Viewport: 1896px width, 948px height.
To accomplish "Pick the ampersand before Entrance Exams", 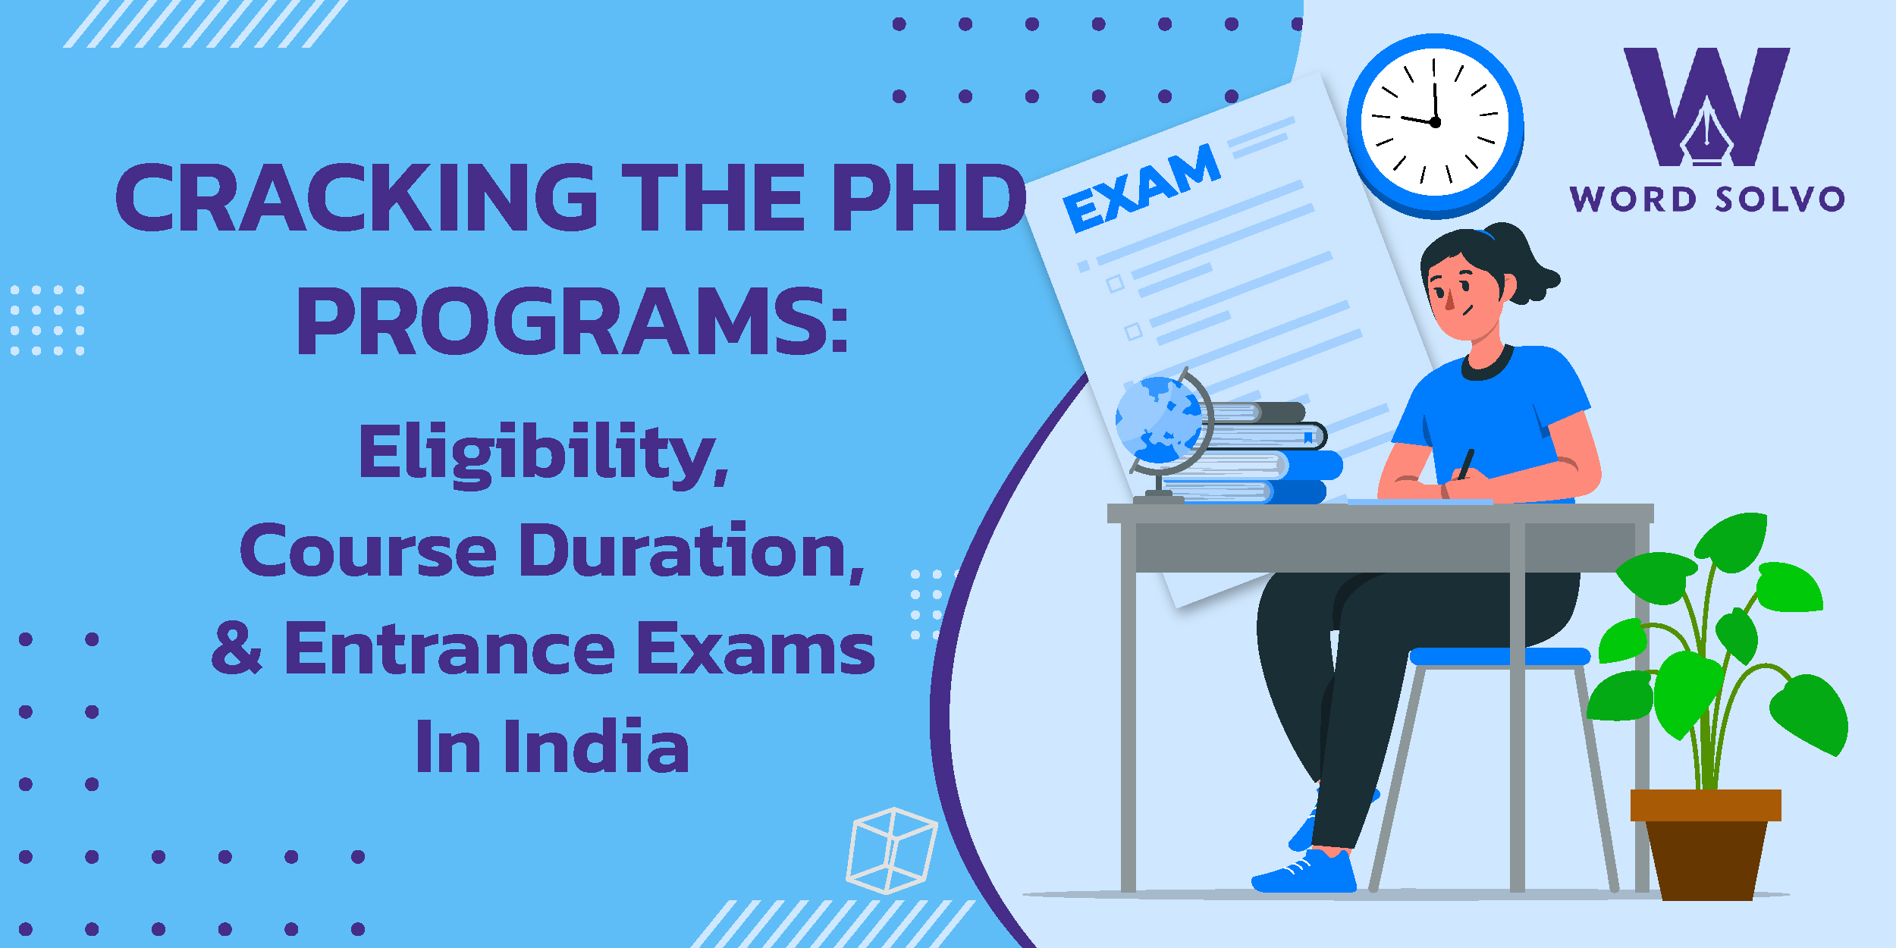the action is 237,648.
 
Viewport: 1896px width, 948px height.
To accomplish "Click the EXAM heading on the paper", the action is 1141,187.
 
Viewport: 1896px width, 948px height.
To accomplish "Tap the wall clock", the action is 1435,124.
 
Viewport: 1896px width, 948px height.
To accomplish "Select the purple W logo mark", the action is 1706,107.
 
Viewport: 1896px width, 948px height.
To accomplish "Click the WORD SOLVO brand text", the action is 1707,199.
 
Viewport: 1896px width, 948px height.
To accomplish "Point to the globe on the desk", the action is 1163,432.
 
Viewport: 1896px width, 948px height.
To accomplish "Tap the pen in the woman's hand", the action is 1466,464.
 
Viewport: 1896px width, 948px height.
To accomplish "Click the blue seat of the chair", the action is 1499,657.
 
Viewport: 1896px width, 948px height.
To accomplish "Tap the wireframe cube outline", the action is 892,850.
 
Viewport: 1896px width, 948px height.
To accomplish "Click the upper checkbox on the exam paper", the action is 1115,284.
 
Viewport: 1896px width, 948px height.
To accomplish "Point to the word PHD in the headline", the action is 930,198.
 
